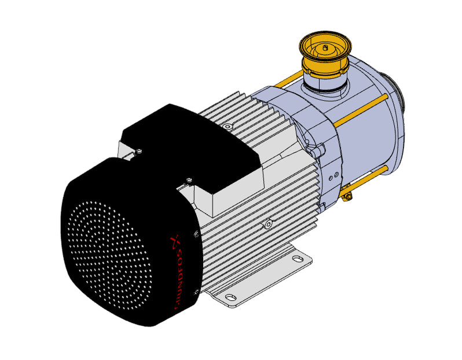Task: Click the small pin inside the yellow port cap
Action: coord(325,47)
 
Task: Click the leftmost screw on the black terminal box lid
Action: coord(139,152)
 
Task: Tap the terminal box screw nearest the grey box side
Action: coord(189,179)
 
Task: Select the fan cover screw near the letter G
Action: coord(196,292)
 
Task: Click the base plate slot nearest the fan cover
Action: coord(230,296)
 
